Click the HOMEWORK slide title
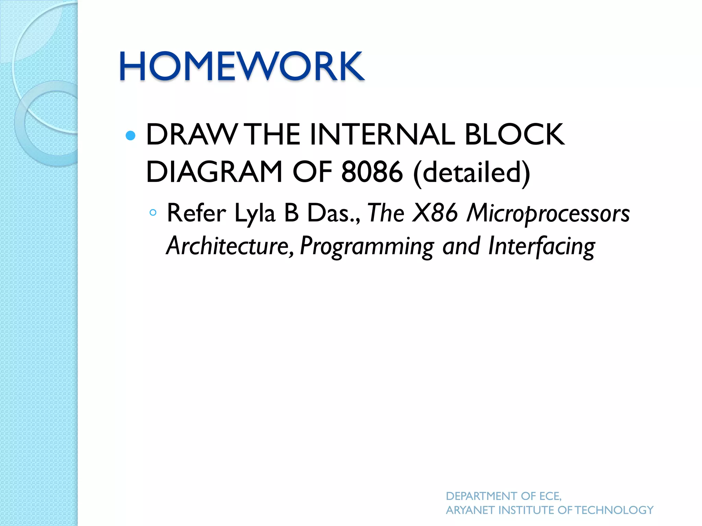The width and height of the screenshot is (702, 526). click(241, 66)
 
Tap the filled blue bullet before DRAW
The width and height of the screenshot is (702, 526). click(131, 136)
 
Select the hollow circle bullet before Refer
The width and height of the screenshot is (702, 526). click(153, 213)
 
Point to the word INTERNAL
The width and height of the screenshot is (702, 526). click(382, 135)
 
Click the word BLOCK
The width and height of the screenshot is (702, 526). click(514, 135)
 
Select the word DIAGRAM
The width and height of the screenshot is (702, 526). click(214, 172)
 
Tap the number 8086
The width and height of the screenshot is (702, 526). click(372, 172)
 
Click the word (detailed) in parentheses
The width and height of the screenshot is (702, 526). click(472, 173)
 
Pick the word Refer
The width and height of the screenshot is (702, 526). click(196, 213)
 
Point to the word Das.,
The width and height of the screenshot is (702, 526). click(333, 213)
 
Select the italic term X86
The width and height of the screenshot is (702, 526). click(435, 213)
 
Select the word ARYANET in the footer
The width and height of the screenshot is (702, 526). click(471, 510)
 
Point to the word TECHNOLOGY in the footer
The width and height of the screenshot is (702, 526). click(614, 510)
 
